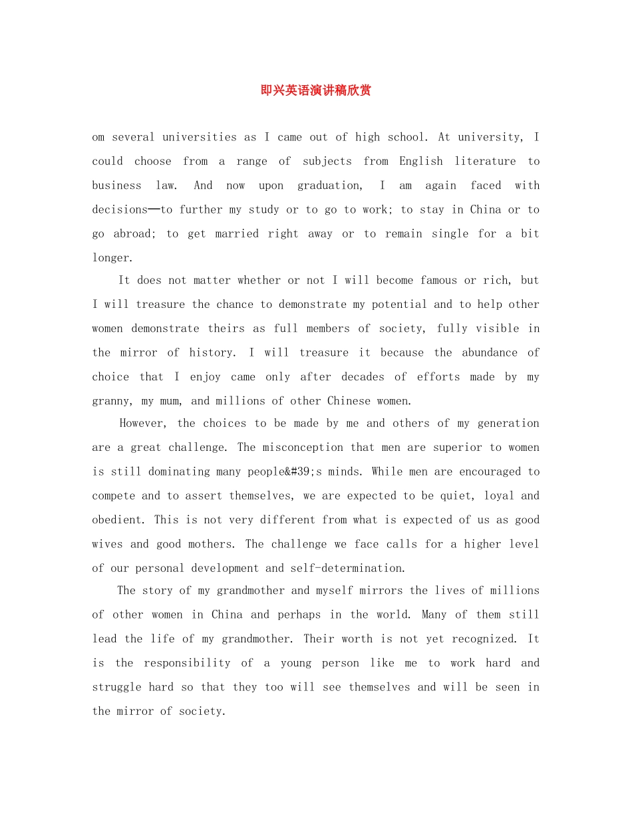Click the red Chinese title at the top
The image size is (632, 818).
(315, 90)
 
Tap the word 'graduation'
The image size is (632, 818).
(329, 186)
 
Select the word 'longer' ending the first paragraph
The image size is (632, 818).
(111, 258)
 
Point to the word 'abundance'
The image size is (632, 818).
(490, 352)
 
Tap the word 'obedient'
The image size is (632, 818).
(118, 519)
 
